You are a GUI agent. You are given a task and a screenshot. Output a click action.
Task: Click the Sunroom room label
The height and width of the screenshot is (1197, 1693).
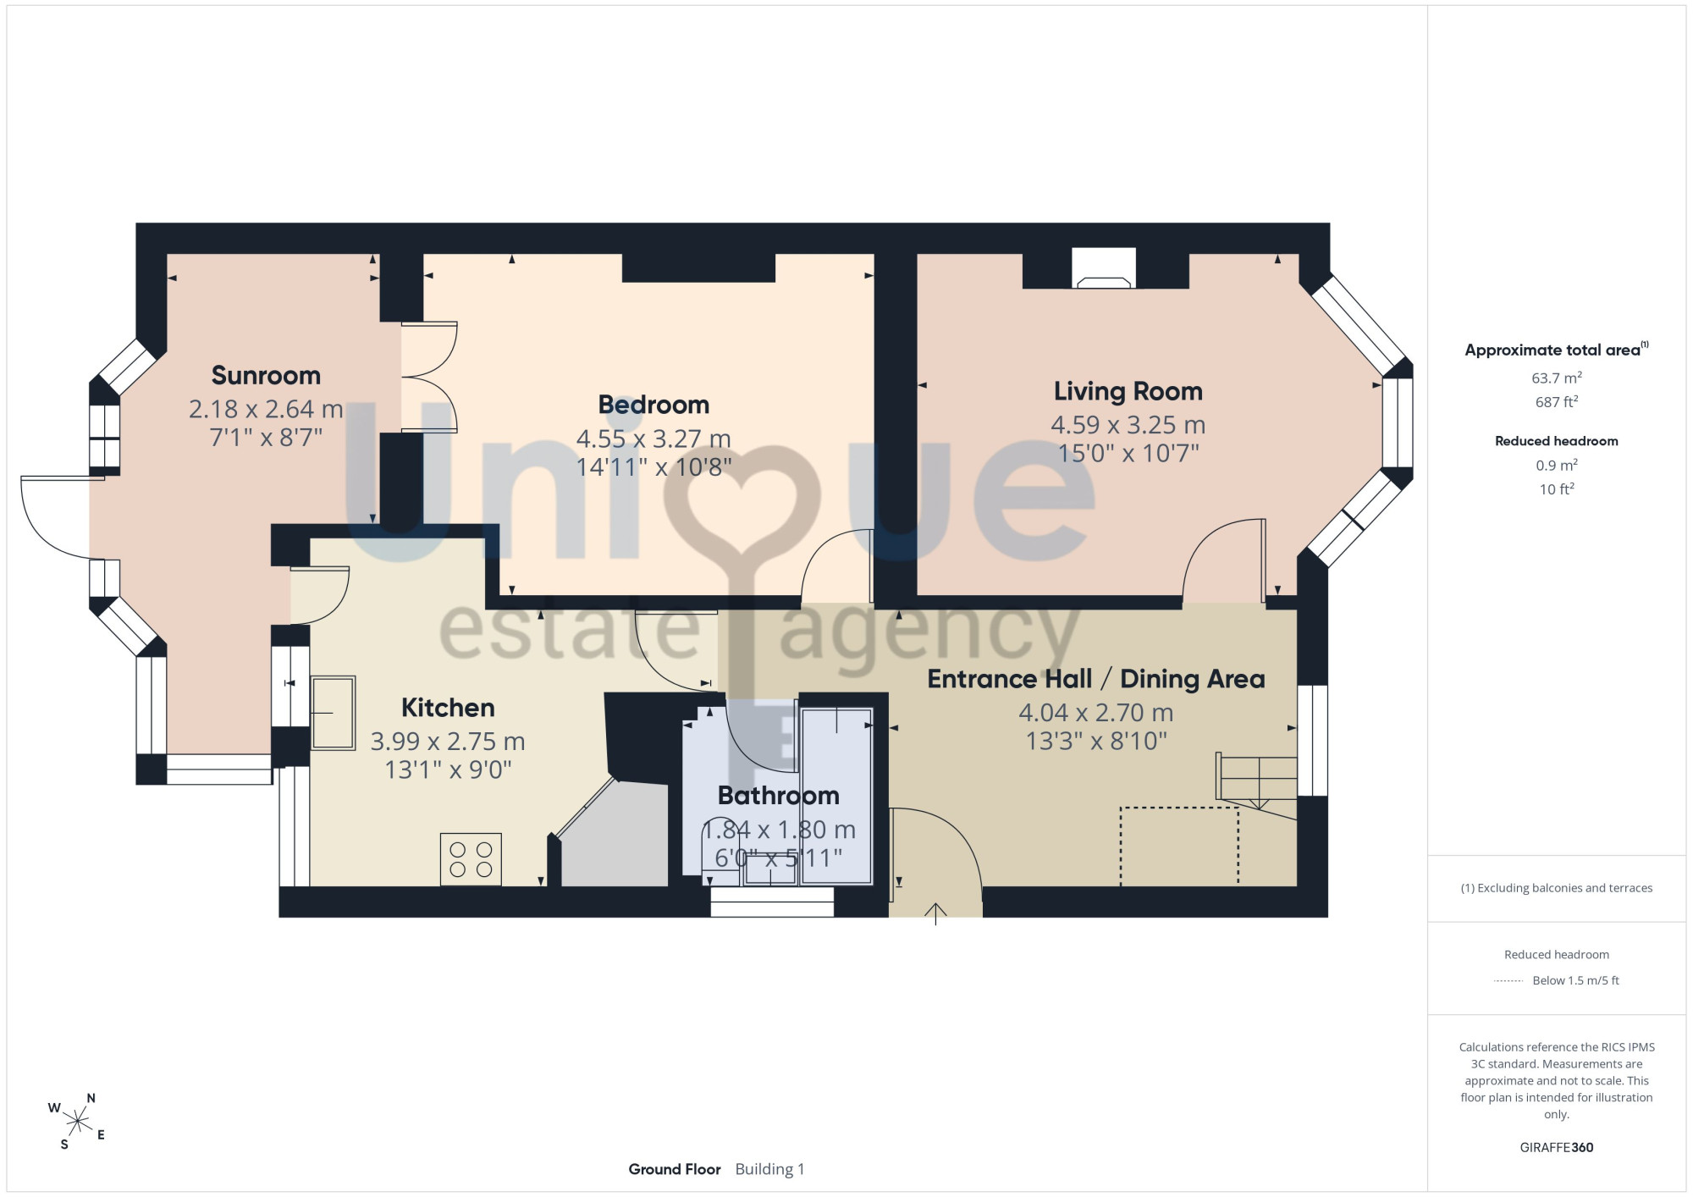(x=266, y=375)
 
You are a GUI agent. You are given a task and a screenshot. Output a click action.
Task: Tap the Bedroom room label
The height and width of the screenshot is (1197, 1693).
(x=653, y=405)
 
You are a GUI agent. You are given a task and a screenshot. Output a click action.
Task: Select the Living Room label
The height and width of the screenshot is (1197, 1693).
(x=1128, y=391)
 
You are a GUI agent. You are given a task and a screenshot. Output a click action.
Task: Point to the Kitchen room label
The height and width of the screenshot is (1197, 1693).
(x=448, y=708)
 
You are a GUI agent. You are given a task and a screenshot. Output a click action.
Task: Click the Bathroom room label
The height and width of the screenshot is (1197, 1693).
(x=779, y=796)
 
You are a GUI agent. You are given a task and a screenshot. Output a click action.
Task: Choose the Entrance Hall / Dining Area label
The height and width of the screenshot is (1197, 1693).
(x=1096, y=679)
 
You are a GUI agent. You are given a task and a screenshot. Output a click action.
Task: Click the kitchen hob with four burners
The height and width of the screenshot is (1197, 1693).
(x=471, y=859)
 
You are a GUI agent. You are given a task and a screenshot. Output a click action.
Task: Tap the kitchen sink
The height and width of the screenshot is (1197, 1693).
(x=333, y=713)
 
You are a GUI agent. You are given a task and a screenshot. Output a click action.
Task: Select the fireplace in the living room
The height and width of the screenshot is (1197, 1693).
(x=1104, y=268)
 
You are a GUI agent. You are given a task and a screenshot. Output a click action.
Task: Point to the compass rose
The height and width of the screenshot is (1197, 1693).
(x=78, y=1122)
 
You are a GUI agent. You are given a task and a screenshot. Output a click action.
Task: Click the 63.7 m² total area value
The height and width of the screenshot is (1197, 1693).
(x=1557, y=378)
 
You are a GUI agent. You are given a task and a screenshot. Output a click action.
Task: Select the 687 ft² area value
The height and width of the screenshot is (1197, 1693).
(x=1557, y=401)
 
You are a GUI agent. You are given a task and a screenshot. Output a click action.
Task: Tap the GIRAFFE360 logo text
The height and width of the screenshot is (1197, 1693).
(x=1557, y=1148)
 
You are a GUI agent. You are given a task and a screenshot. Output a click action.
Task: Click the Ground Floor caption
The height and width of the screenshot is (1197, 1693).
(x=675, y=1169)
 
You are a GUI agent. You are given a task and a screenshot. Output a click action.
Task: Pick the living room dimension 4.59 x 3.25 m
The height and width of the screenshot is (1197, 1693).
(x=1128, y=425)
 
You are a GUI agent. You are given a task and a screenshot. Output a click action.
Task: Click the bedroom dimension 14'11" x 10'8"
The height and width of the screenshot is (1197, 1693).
(x=653, y=466)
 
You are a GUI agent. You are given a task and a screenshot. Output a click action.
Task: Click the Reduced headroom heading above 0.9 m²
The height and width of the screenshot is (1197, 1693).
(x=1557, y=441)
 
